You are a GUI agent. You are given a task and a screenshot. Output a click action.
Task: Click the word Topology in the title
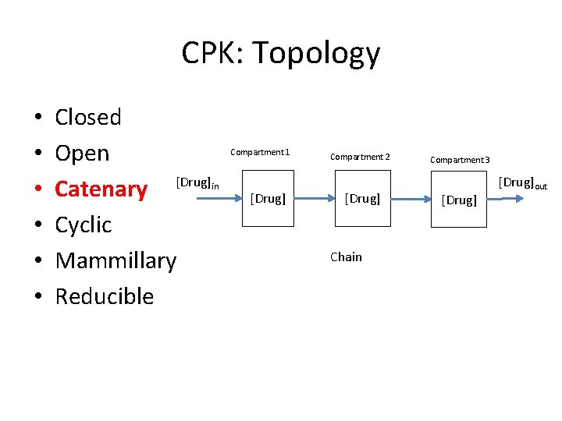tap(316, 54)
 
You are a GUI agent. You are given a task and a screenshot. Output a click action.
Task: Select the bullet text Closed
tap(88, 117)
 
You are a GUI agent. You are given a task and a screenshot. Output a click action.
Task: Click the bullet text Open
tap(82, 154)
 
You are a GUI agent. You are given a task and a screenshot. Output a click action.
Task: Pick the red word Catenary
tap(101, 189)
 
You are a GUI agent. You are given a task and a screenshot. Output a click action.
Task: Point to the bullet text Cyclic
tap(84, 225)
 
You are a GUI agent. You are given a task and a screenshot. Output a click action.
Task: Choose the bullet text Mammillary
tap(116, 260)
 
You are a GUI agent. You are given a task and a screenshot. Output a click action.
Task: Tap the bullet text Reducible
tap(105, 296)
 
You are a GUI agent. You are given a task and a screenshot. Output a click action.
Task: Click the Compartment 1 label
tap(260, 152)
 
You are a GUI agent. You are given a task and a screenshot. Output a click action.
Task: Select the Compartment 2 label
tap(360, 157)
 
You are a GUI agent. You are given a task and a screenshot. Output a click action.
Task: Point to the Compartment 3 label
tap(460, 160)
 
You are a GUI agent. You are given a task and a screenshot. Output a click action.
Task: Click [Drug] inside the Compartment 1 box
tap(268, 199)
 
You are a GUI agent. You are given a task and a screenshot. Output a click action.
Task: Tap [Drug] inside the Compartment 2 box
tap(362, 199)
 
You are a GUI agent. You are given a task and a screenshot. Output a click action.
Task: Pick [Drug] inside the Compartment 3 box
tap(458, 200)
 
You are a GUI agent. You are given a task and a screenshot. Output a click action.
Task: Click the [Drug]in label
tap(197, 182)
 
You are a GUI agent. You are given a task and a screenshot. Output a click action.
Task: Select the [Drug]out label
tap(522, 183)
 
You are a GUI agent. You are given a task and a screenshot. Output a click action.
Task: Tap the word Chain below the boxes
tap(346, 257)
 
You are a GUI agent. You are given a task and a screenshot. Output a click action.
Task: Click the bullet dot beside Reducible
tap(37, 297)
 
